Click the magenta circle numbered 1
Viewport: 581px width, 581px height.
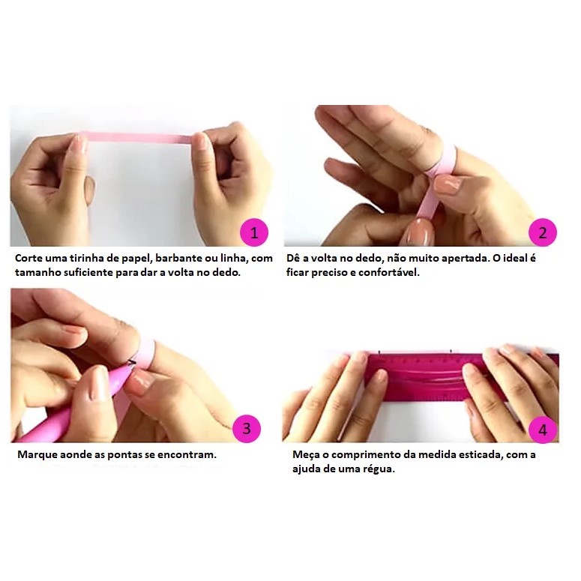[x=254, y=232]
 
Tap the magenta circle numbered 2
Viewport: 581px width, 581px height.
[x=543, y=232]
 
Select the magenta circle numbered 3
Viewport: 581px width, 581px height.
[x=247, y=429]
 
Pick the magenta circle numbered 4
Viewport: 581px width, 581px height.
[x=543, y=430]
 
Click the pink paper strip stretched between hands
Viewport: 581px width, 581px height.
[x=139, y=138]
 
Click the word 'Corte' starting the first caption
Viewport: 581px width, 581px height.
[x=28, y=258]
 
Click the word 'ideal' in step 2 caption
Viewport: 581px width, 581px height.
[x=515, y=258]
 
